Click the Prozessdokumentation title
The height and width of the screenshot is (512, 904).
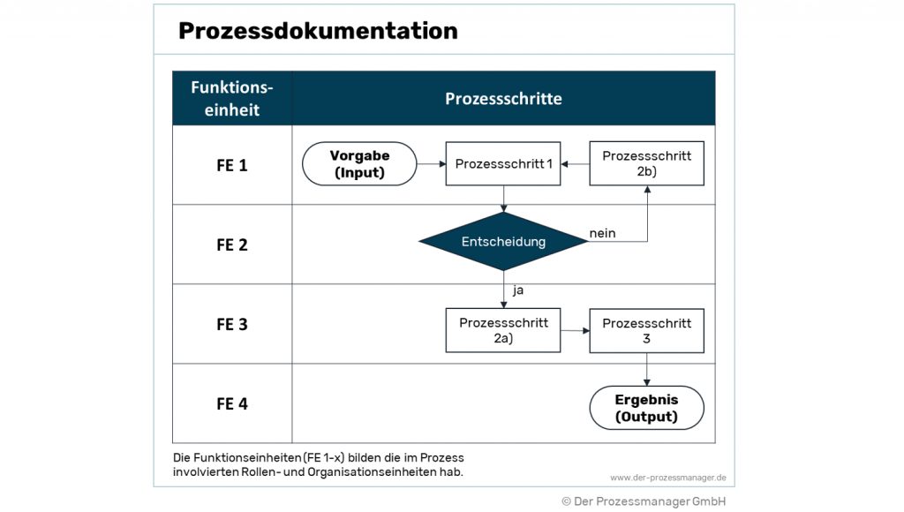tap(318, 31)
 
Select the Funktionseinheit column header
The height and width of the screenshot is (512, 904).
tap(232, 98)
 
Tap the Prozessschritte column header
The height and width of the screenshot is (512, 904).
tap(503, 98)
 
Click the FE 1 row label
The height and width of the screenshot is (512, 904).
tap(232, 165)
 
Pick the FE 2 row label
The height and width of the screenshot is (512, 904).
tap(232, 245)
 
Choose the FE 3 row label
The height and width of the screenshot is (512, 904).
tap(232, 324)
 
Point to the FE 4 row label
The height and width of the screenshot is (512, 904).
tap(232, 403)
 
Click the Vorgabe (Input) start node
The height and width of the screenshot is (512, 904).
tap(359, 164)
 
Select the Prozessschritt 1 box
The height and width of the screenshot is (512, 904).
tap(503, 164)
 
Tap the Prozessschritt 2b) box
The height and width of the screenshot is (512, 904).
tap(647, 163)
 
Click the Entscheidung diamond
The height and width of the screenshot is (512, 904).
tap(503, 241)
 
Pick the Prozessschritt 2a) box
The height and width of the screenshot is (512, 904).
tap(503, 330)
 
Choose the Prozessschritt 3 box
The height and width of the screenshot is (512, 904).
tap(647, 330)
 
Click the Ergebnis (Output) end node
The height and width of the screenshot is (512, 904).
tap(647, 408)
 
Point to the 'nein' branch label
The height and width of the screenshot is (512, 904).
tap(602, 233)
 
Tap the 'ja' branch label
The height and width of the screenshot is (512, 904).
tap(518, 289)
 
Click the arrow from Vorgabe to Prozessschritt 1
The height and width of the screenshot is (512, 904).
tap(431, 164)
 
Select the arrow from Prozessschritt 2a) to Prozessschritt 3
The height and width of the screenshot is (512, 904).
tap(575, 331)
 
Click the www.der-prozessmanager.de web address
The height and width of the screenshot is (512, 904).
tap(667, 478)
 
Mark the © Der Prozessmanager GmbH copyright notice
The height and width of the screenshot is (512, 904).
tap(644, 501)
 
